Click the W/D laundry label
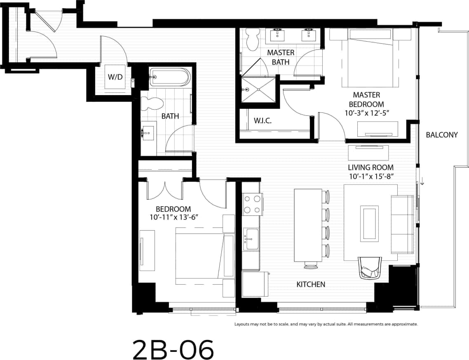(x=115, y=77)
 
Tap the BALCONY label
(x=442, y=135)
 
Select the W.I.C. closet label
(x=263, y=121)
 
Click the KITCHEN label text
(x=311, y=284)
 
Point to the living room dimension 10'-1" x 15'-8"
(x=371, y=176)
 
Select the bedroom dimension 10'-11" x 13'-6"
(x=174, y=217)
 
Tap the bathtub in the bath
(x=170, y=77)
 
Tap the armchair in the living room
(x=371, y=268)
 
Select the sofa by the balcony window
(x=402, y=225)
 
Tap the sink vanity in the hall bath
(x=148, y=133)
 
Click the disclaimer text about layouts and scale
(x=326, y=324)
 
